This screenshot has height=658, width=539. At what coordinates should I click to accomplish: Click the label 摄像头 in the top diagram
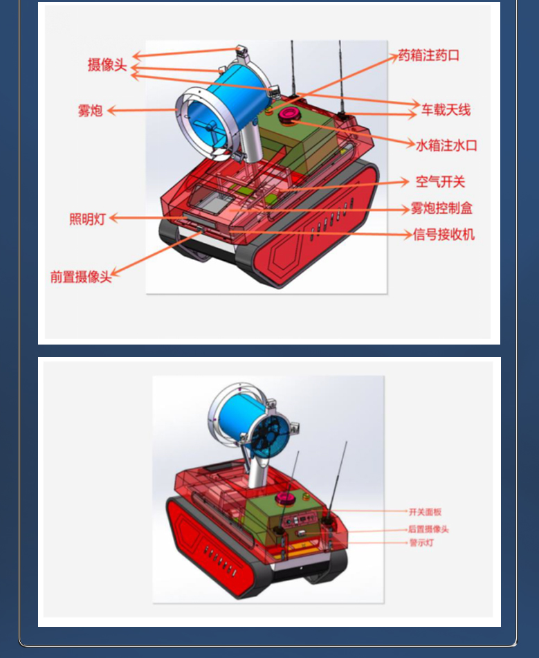click(x=107, y=65)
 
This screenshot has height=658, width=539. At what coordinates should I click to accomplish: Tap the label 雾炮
click(x=90, y=111)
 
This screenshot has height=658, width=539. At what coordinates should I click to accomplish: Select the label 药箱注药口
click(x=428, y=55)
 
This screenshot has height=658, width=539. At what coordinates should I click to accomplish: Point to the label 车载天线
click(x=446, y=110)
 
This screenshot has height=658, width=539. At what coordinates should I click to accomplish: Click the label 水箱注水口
click(x=447, y=145)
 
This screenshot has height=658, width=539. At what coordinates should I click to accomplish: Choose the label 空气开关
click(x=440, y=182)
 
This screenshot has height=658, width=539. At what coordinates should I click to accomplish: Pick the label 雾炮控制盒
click(x=441, y=208)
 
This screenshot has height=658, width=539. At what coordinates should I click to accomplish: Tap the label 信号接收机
click(x=444, y=234)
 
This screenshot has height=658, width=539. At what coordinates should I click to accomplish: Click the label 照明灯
click(x=87, y=219)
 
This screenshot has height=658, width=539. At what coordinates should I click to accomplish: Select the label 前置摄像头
click(x=81, y=277)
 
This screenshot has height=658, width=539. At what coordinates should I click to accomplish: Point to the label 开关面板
click(x=426, y=512)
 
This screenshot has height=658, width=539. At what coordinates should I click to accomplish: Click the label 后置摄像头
click(x=428, y=529)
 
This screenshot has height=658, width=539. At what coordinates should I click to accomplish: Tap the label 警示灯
click(x=421, y=543)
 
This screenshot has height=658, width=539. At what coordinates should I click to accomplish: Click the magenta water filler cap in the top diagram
click(x=289, y=114)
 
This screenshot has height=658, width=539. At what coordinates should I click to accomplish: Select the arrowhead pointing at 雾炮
click(x=111, y=111)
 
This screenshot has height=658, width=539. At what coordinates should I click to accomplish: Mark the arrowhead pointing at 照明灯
click(x=113, y=218)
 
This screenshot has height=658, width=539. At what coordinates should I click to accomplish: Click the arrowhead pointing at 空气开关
click(x=404, y=182)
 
